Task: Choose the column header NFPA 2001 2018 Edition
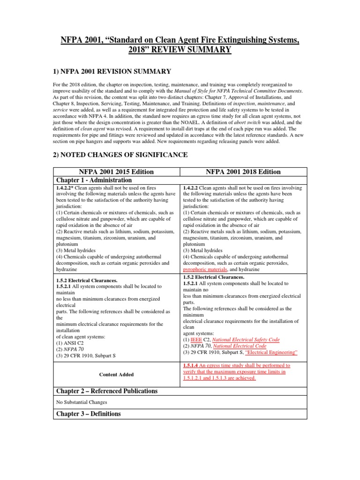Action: (x=243, y=172)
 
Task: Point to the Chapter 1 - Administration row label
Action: (x=94, y=180)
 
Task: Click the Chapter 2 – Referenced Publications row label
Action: (x=107, y=391)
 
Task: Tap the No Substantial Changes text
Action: (x=81, y=402)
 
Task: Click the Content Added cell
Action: (x=116, y=375)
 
